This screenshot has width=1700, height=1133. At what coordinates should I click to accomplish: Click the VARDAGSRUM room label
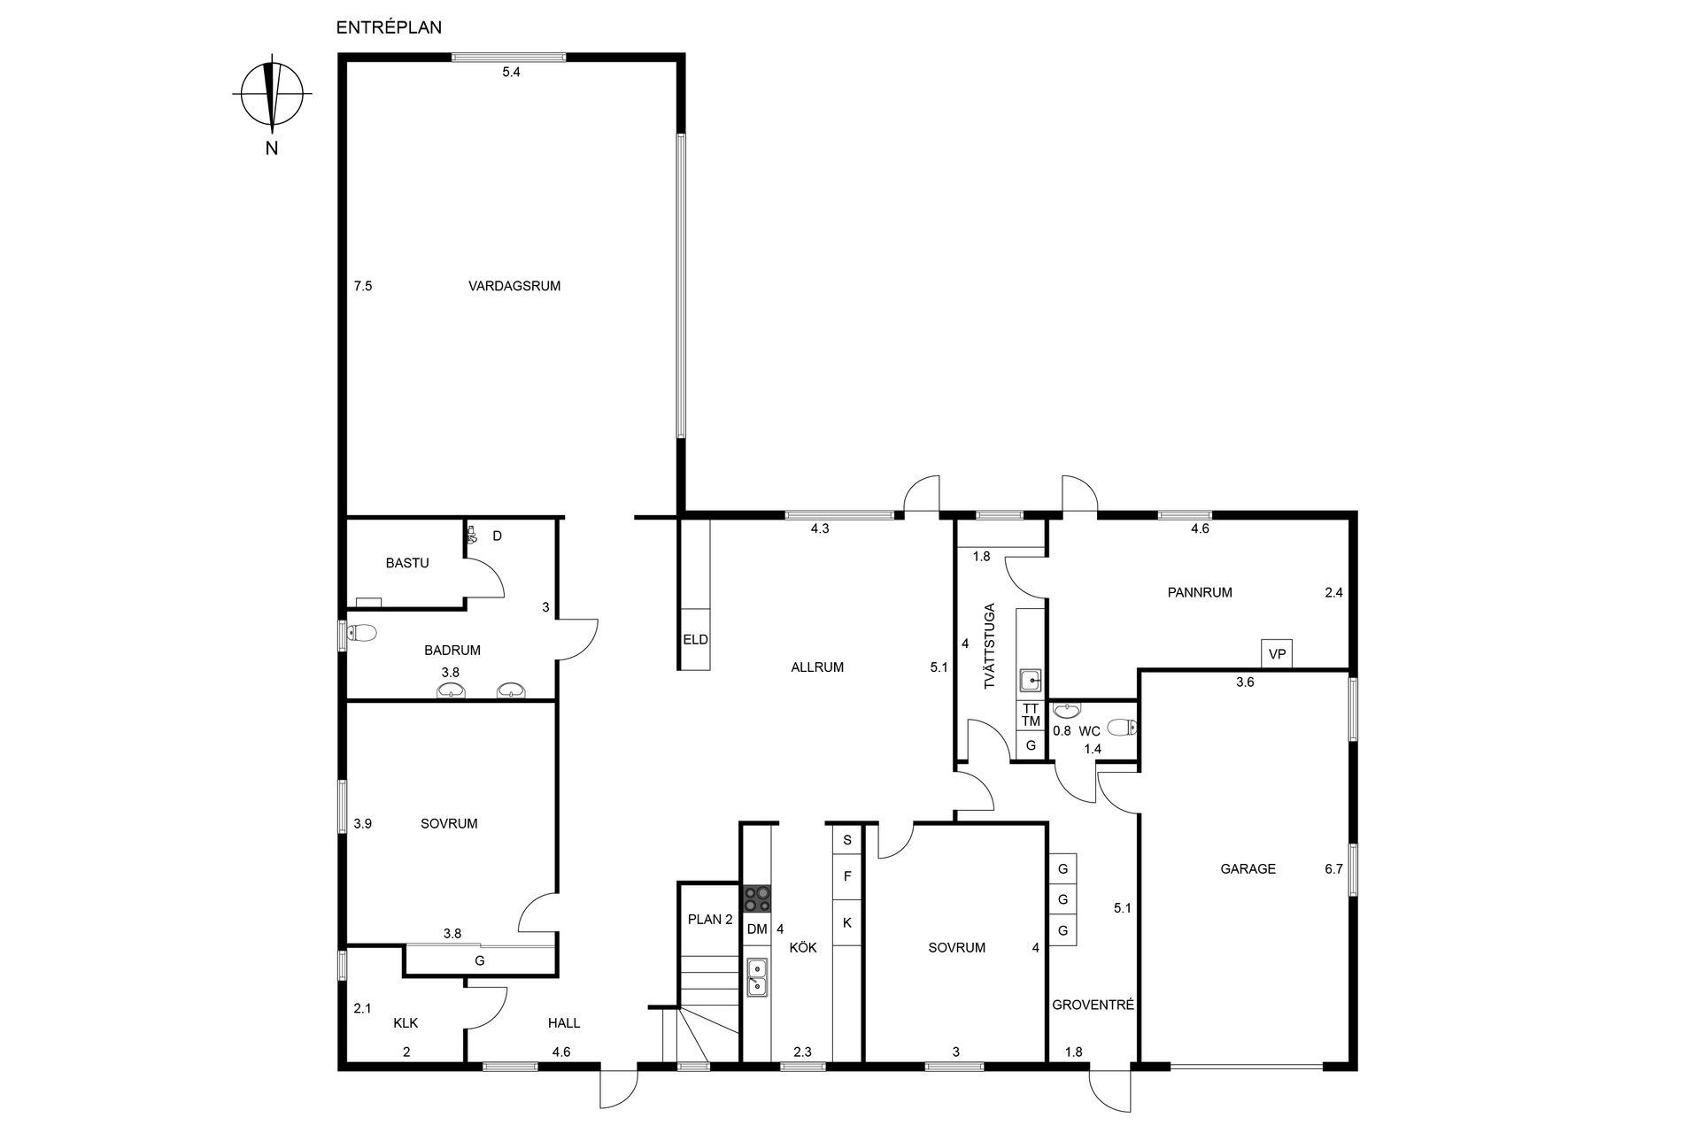pos(514,286)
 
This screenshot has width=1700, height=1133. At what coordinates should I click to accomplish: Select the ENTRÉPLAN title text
pos(389,27)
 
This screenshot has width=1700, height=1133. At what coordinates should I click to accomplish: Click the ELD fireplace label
pos(695,639)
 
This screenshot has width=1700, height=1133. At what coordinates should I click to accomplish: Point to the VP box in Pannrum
pos(1277,654)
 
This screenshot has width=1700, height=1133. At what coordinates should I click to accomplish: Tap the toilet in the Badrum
pos(361,633)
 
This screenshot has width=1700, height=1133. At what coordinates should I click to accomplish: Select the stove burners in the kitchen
pos(757,899)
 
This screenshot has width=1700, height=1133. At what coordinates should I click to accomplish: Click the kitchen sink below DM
pos(757,977)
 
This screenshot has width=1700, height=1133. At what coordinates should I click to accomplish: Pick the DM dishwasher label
pos(757,929)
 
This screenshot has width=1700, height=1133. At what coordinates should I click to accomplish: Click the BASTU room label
pos(407,563)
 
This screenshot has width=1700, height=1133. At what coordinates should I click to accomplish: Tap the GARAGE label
pos(1248,869)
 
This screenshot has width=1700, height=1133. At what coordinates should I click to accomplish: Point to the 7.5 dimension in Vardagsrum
pos(363,286)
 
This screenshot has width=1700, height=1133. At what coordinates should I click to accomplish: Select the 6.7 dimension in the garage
pos(1333,869)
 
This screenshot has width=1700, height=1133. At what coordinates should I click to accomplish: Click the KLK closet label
pos(406,1023)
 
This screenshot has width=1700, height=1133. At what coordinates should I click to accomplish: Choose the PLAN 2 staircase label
pos(710,920)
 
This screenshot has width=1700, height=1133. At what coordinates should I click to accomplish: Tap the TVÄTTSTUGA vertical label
pos(990,646)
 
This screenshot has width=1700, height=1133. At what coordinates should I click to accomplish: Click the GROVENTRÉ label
pos(1093,1006)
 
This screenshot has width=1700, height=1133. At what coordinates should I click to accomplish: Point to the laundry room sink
pos(1030,681)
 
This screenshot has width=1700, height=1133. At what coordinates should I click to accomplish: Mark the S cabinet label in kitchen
pos(847,840)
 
